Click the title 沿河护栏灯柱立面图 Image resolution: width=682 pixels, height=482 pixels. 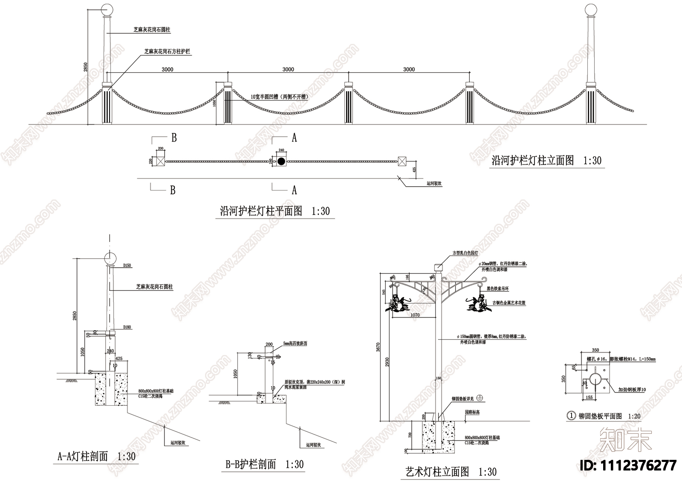(x=532, y=161)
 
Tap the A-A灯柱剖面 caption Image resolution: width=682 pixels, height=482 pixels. (x=83, y=457)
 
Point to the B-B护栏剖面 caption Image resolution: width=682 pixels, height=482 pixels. (x=251, y=465)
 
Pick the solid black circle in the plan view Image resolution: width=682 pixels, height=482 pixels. (x=281, y=161)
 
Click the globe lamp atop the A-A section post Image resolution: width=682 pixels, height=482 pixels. (x=110, y=259)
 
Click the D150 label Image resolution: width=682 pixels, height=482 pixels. (x=127, y=266)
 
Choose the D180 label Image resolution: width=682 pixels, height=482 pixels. (x=127, y=327)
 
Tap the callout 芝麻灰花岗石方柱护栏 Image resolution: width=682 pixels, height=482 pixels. (x=167, y=52)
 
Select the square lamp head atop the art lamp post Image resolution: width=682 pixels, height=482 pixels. (x=437, y=268)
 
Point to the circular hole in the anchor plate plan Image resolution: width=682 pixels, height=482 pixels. (x=595, y=379)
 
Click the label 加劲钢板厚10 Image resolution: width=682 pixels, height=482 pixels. (x=632, y=390)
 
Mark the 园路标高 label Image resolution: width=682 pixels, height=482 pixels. (x=473, y=412)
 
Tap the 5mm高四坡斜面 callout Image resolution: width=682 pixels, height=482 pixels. (x=295, y=343)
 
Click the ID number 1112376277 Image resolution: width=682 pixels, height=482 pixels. (x=629, y=465)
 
